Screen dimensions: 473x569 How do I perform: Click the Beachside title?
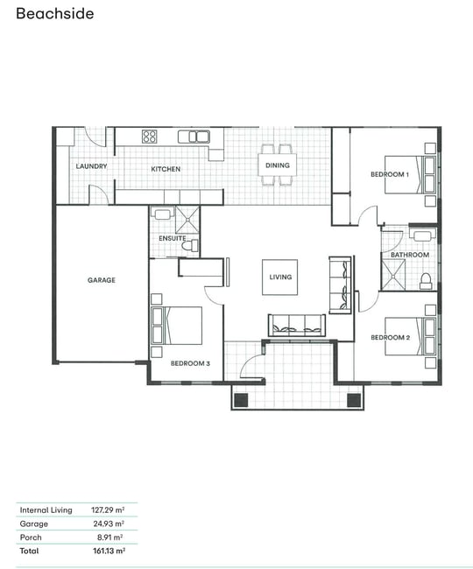(x=55, y=14)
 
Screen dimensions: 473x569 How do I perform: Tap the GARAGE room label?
(x=102, y=280)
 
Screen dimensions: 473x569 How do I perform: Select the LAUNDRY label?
(x=91, y=166)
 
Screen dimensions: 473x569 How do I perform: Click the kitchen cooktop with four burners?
(x=149, y=137)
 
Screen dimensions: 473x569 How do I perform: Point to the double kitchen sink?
(x=194, y=137)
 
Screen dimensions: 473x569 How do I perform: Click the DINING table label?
(x=278, y=165)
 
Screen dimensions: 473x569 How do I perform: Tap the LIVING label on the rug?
(x=280, y=277)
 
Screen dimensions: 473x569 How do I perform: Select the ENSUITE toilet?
(x=190, y=246)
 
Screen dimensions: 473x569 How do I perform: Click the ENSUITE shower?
(x=187, y=220)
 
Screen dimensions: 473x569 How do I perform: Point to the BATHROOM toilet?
(x=426, y=281)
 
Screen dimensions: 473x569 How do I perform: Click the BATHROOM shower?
(x=392, y=275)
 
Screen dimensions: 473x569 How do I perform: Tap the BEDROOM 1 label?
(x=390, y=174)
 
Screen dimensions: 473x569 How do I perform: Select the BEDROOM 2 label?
(x=391, y=338)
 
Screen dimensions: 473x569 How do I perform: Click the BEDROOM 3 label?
(x=190, y=363)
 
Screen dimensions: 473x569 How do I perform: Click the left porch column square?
(x=241, y=400)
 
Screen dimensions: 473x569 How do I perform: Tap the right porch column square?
(x=354, y=400)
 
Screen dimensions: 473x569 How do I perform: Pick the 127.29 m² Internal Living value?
(x=108, y=509)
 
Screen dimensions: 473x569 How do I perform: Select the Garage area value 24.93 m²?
(x=109, y=523)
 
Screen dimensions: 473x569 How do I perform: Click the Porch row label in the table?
(x=31, y=537)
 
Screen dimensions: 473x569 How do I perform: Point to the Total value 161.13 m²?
(x=109, y=551)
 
